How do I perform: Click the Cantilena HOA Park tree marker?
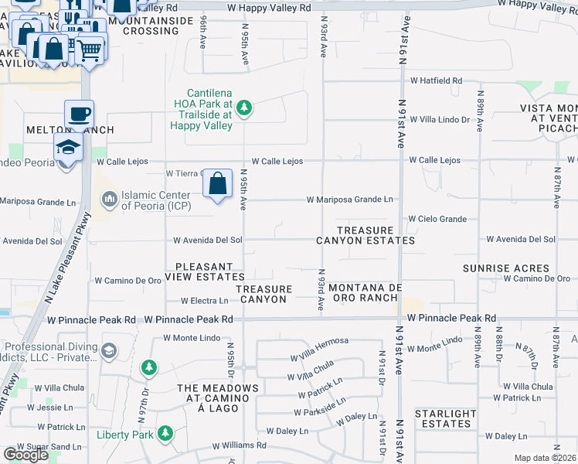[244, 107]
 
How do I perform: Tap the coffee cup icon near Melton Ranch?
[79, 115]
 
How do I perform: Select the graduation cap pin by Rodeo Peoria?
[68, 148]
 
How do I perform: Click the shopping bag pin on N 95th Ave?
[218, 185]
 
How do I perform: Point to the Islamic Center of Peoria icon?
[109, 200]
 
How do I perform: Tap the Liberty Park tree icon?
[165, 435]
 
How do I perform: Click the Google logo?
[25, 455]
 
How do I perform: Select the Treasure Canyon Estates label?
[376, 236]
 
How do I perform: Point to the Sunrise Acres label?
[505, 268]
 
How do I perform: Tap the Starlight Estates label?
[445, 419]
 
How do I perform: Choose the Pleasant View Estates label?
[209, 271]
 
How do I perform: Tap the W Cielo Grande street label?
[437, 220]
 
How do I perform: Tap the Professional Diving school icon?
[109, 351]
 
